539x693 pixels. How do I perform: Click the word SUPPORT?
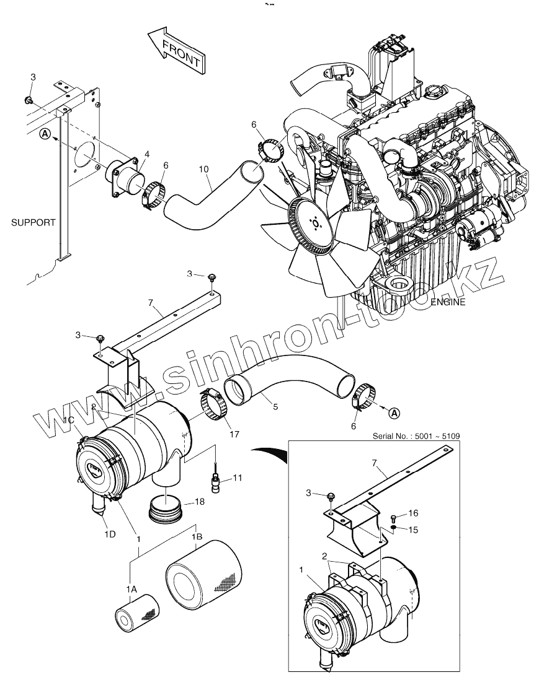(33, 222)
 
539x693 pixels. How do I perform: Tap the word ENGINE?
(448, 302)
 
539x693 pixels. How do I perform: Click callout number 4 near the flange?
(147, 154)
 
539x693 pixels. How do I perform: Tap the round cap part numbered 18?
(166, 512)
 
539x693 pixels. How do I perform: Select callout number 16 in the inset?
(414, 513)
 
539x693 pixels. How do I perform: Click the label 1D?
(110, 534)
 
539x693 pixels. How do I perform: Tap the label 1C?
(70, 421)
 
